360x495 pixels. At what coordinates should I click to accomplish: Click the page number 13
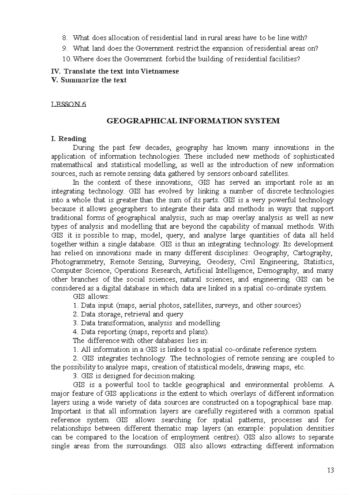(x=330, y=470)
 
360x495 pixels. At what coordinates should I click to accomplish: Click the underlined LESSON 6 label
(x=68, y=104)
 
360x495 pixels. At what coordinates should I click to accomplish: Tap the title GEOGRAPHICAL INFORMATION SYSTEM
(x=193, y=121)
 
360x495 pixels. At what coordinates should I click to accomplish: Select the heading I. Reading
(x=69, y=139)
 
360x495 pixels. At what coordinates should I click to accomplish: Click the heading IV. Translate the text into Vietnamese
(x=115, y=71)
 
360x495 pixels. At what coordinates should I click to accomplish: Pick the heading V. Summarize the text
(x=89, y=80)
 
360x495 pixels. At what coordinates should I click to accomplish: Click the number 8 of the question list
(x=64, y=38)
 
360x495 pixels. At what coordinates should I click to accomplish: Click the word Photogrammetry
(x=77, y=262)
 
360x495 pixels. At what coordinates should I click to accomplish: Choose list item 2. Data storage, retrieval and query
(x=128, y=314)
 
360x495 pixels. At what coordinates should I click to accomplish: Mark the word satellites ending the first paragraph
(x=274, y=174)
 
